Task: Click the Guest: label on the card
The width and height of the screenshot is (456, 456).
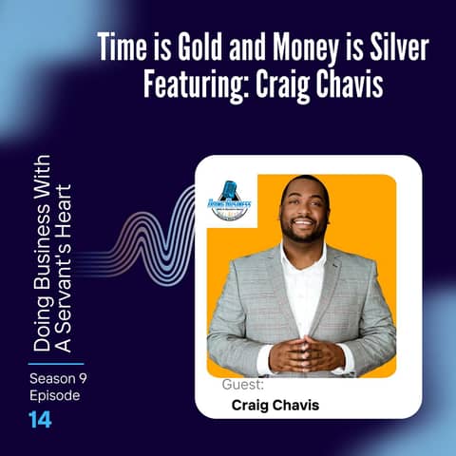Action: [242, 386]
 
